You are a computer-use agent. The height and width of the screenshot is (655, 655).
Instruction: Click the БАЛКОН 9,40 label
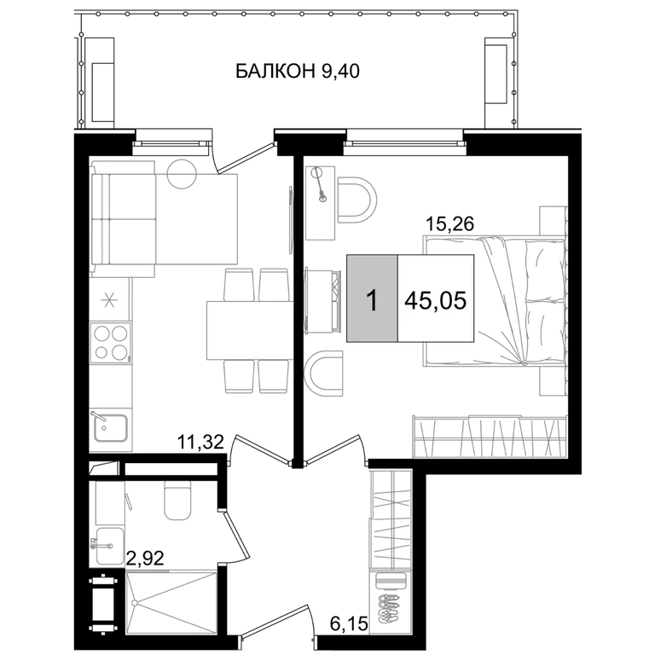[x=298, y=71]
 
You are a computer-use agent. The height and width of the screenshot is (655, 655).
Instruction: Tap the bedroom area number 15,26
[x=449, y=224]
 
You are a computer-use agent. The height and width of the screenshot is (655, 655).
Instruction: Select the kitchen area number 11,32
[x=201, y=442]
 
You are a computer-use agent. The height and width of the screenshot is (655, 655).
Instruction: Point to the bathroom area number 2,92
[x=145, y=558]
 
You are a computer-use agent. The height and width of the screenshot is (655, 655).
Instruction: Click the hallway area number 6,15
[x=349, y=624]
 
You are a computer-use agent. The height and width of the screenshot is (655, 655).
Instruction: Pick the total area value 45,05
[x=435, y=300]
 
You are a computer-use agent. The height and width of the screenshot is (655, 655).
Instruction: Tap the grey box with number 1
[x=372, y=299]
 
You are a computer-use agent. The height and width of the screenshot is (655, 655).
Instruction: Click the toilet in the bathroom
[x=178, y=500]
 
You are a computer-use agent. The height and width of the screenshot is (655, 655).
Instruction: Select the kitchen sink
[x=111, y=428]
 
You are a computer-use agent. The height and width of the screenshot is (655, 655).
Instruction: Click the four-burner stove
[x=111, y=343]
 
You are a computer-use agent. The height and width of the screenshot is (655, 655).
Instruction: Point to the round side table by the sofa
[x=182, y=174]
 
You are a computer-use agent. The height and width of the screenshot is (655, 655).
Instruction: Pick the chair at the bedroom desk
[x=356, y=200]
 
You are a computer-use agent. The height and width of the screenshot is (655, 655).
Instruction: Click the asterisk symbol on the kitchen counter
[x=109, y=300]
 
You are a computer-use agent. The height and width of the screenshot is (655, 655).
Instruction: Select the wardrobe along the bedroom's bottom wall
[x=490, y=436]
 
